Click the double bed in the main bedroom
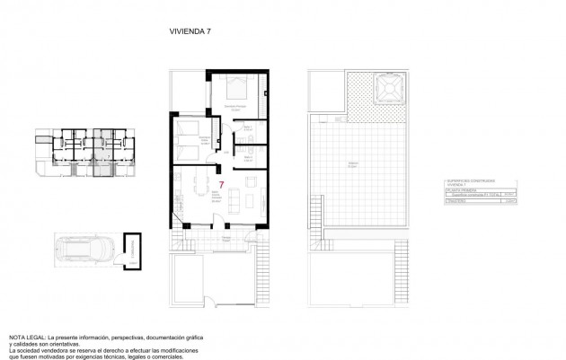239,90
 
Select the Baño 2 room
250,158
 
